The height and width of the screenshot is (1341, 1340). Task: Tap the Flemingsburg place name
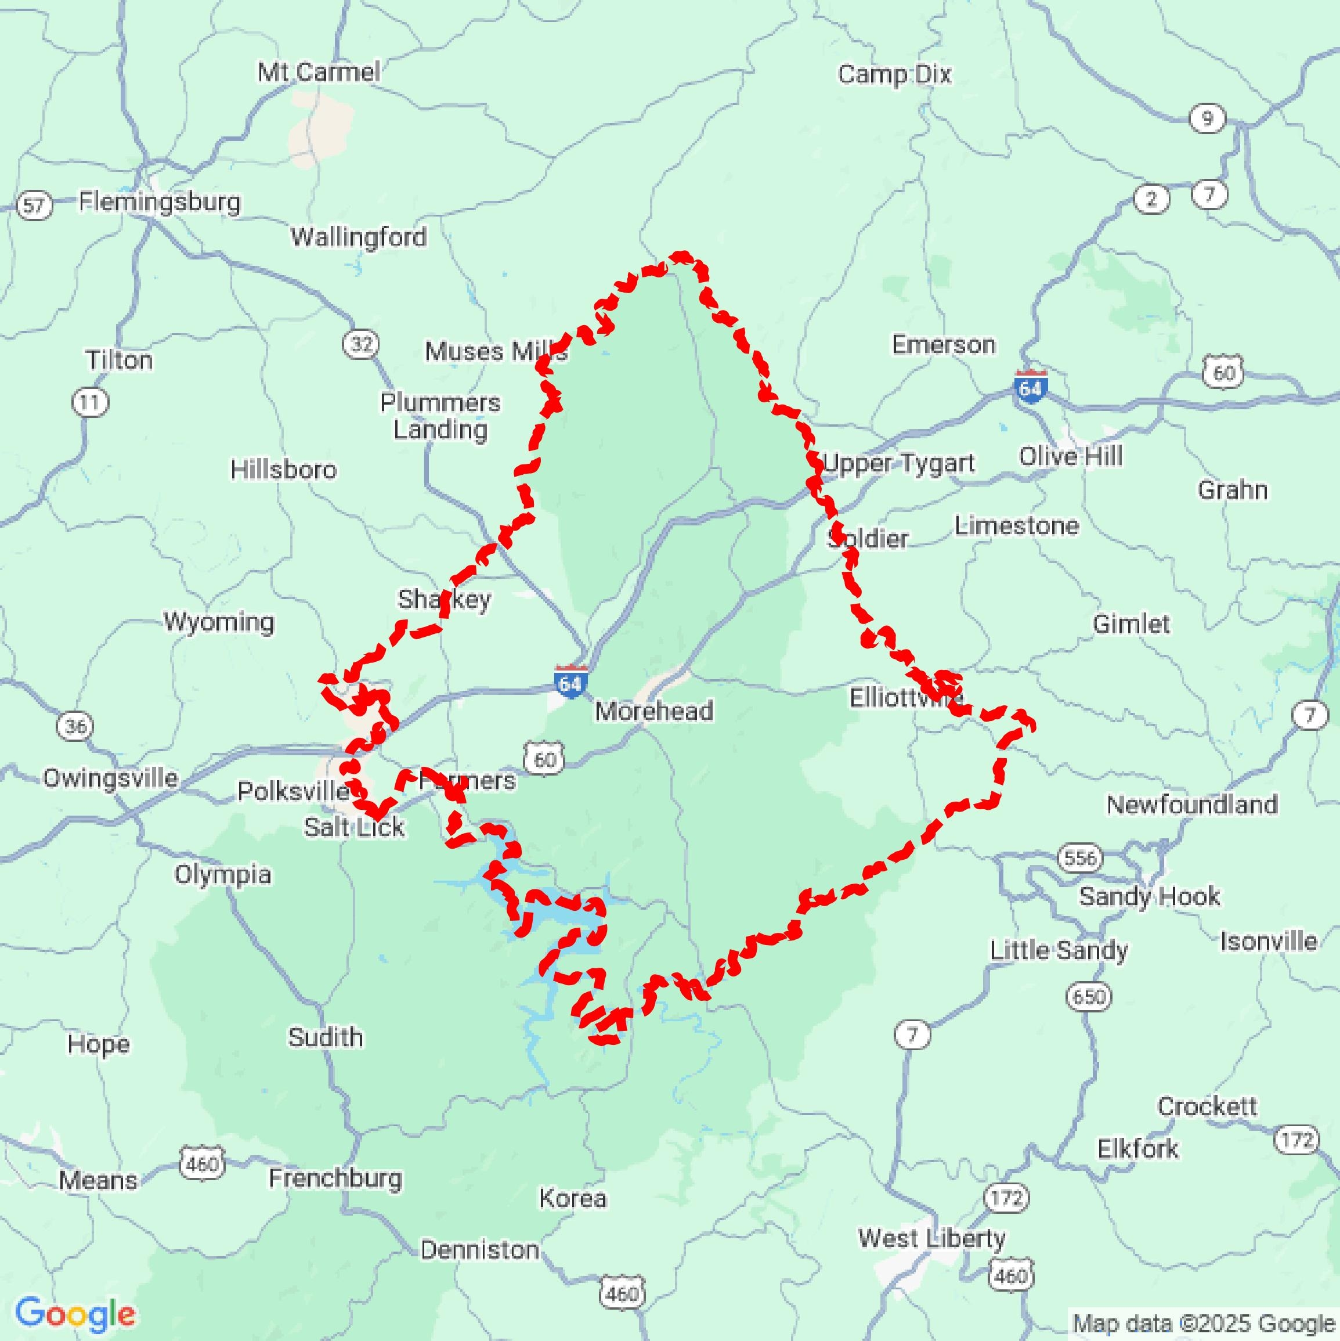(x=160, y=202)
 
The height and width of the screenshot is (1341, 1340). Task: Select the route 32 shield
(x=361, y=344)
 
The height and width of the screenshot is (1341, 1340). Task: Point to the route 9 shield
(x=1207, y=118)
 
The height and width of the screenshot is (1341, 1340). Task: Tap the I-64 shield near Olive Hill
(x=1031, y=387)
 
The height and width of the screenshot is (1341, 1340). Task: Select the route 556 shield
(x=1081, y=858)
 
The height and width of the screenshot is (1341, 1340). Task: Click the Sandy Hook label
(x=1149, y=896)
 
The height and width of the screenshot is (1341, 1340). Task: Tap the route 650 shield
(x=1088, y=997)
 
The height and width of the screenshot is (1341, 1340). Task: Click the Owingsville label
(x=110, y=778)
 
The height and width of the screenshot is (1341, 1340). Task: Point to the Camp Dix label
(x=894, y=74)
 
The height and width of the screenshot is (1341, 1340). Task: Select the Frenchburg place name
(x=335, y=1178)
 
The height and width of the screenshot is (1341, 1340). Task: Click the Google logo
(x=75, y=1314)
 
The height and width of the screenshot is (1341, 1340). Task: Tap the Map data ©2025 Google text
(x=1204, y=1323)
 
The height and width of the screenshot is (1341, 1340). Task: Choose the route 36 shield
(x=75, y=727)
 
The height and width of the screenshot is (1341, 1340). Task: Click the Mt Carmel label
(x=319, y=71)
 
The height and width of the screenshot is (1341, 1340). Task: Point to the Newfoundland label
(x=1191, y=805)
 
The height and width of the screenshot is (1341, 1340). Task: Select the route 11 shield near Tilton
(x=90, y=402)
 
